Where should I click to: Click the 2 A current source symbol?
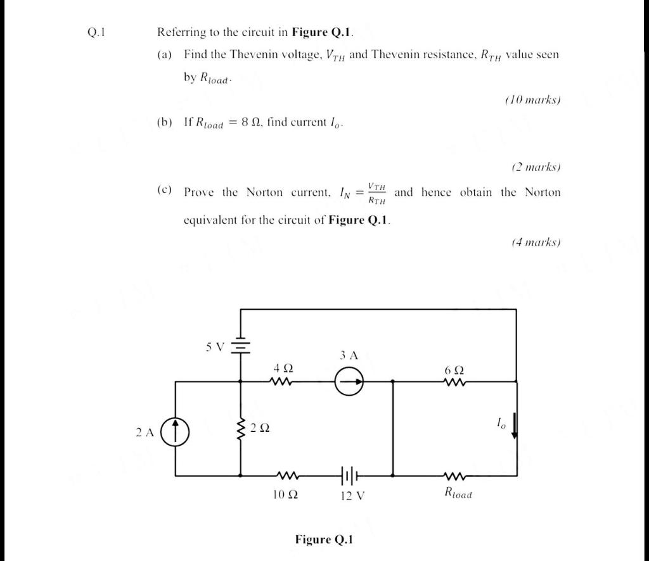point(177,432)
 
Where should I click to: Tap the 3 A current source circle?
point(350,382)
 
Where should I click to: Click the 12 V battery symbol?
point(349,474)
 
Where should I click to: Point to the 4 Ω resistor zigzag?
point(280,382)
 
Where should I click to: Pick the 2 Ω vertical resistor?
point(240,428)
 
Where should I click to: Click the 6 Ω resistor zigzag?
point(456,382)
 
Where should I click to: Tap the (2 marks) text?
point(536,167)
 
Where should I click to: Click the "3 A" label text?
point(349,356)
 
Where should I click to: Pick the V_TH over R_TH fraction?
point(378,193)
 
